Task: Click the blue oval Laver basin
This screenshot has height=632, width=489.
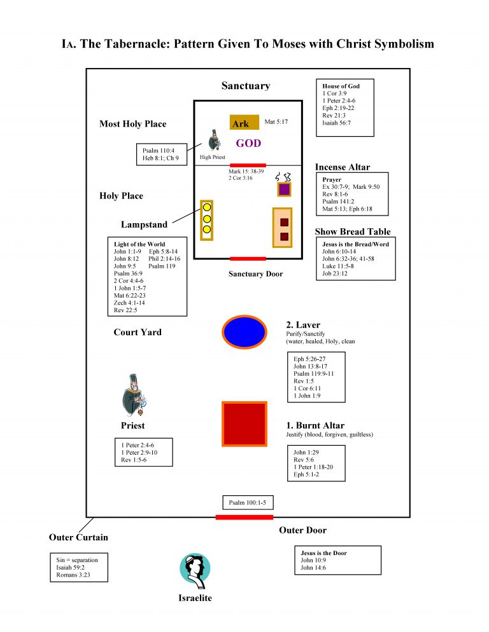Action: [244, 331]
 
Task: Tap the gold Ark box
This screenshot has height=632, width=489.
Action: [244, 123]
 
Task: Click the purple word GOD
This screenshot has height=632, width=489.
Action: [248, 144]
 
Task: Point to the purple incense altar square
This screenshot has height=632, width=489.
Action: [284, 189]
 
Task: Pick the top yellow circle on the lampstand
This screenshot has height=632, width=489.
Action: [206, 207]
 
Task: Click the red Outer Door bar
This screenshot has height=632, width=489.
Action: [244, 517]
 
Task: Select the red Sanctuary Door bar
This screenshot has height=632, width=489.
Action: [248, 259]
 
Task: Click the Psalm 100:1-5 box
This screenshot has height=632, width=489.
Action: [247, 503]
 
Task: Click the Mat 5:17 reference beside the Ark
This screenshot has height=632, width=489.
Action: [276, 121]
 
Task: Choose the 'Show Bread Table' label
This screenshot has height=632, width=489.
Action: [353, 231]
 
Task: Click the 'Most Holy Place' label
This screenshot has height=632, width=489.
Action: [132, 124]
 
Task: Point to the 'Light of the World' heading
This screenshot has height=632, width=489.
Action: [139, 244]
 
